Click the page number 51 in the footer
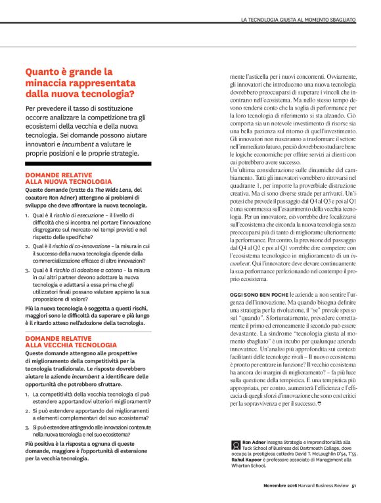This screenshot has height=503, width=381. [x=353, y=486]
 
